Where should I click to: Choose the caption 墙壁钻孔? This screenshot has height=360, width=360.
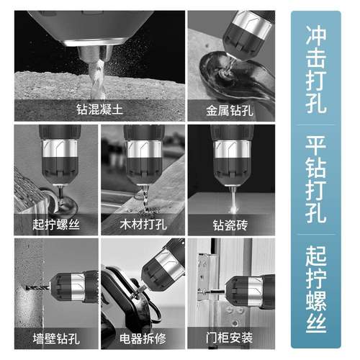click(x=57, y=337)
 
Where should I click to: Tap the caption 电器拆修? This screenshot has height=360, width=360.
click(x=144, y=337)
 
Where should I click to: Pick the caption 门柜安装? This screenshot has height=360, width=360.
click(x=230, y=337)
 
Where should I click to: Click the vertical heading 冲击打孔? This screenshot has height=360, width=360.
click(x=315, y=70)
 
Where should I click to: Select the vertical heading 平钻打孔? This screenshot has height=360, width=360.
click(x=315, y=180)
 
